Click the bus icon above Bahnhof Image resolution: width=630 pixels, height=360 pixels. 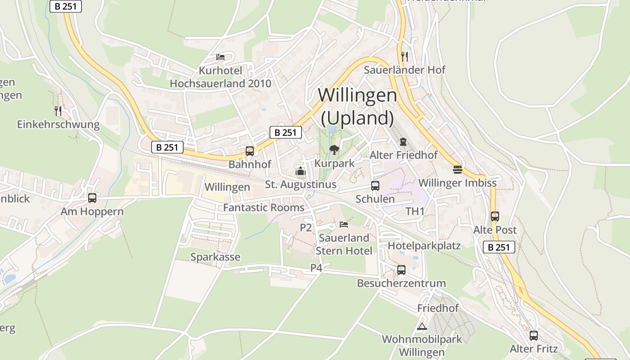tap(249, 151)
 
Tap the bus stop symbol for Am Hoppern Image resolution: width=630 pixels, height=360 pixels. tap(92, 198)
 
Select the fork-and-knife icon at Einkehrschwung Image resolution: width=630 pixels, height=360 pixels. tap(58, 111)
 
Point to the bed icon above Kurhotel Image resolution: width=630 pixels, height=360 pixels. tap(220, 57)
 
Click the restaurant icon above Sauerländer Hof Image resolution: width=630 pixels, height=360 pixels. tap(405, 56)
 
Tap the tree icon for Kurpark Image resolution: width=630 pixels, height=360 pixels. tap(334, 149)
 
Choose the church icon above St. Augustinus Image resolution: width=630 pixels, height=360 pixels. tap(300, 171)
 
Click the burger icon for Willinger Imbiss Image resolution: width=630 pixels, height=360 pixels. tap(458, 170)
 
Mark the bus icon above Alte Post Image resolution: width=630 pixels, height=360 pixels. tap(495, 216)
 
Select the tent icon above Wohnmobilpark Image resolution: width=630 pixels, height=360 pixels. tap(422, 326)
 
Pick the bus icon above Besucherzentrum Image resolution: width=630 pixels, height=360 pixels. tap(401, 270)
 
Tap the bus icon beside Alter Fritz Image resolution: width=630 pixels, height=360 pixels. tap(534, 335)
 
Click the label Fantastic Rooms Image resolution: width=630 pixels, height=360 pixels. tap(264, 208)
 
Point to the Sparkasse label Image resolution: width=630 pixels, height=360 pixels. tap(215, 257)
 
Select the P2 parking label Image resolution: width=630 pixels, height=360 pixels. tap(306, 228)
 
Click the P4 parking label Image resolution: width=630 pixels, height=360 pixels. tap(316, 268)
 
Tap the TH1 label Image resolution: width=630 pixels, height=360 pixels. tap(415, 211)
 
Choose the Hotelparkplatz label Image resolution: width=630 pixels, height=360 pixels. tap(424, 246)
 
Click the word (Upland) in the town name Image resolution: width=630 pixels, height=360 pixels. tap(358, 118)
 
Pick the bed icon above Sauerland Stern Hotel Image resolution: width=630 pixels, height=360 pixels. tap(344, 224)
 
